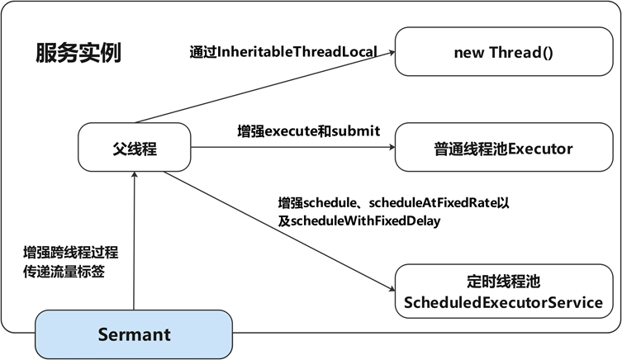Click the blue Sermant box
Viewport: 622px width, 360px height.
point(134,334)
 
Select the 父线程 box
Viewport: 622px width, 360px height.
point(135,147)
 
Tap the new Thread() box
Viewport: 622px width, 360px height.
point(504,51)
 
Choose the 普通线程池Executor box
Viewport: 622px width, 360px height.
point(504,147)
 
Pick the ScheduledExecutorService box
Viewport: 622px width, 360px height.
point(504,291)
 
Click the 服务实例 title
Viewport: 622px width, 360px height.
point(78,53)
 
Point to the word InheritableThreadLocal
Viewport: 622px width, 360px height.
point(297,52)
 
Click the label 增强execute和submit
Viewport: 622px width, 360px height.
point(309,130)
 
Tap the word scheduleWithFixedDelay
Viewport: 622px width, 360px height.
point(365,220)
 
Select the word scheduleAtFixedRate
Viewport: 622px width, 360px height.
point(433,202)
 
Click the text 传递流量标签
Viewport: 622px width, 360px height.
point(64,272)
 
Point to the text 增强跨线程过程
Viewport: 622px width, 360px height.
point(70,253)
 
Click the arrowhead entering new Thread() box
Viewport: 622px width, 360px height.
point(392,52)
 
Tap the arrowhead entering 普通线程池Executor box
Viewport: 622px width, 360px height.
point(392,147)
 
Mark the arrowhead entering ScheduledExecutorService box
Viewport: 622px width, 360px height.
point(392,289)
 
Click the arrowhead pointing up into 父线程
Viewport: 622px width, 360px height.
point(135,175)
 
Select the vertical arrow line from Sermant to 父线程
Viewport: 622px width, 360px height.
point(134,240)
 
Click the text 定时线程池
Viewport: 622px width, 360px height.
point(503,281)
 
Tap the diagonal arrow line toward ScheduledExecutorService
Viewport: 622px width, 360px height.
point(279,231)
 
